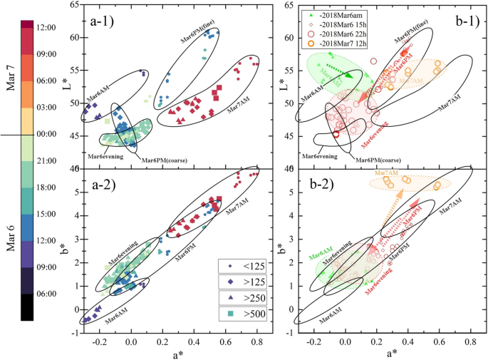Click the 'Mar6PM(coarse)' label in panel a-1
tap(163, 160)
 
